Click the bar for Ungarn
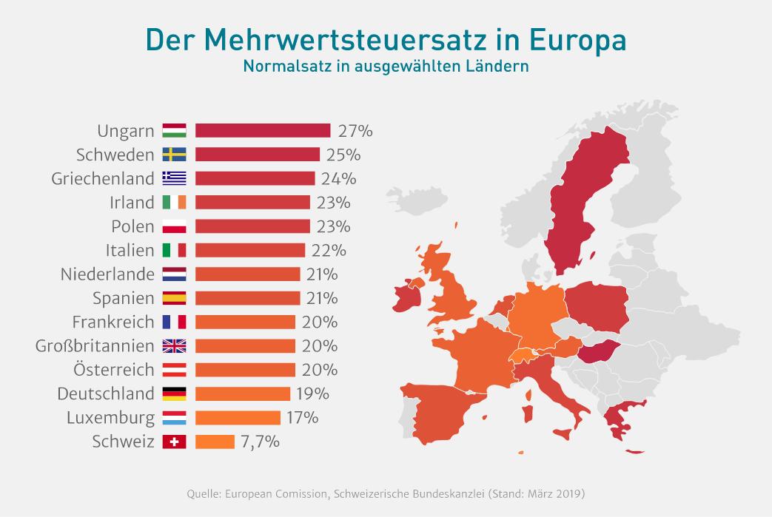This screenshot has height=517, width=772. point(263,131)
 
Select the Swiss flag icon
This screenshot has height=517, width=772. point(174,442)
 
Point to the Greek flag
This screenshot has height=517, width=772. point(174,178)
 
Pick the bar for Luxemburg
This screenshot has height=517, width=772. point(238,418)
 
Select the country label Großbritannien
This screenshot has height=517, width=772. point(95,346)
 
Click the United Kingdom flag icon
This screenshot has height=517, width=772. point(174,346)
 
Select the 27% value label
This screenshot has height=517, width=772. point(355,131)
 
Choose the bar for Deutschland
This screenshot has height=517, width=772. point(243,394)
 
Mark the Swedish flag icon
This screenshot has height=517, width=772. point(174,155)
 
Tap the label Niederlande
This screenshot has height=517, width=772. point(107,274)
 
